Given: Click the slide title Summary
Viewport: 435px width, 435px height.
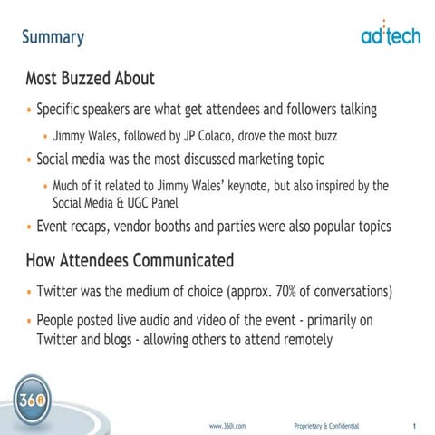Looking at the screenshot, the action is pos(53,37).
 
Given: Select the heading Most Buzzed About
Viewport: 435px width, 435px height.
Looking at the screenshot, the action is pos(90,78).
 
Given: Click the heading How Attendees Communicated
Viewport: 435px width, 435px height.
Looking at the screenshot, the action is pos(130,261).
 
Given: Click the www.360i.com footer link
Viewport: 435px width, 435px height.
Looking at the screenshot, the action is pos(227,425).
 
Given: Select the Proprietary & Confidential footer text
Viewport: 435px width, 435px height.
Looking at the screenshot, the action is pos(326,425).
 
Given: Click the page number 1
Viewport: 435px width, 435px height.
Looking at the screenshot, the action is pos(413,425).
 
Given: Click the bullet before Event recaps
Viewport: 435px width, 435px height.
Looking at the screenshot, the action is pos(29,227).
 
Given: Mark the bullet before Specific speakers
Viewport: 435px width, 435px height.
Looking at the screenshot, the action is pos(29,110).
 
